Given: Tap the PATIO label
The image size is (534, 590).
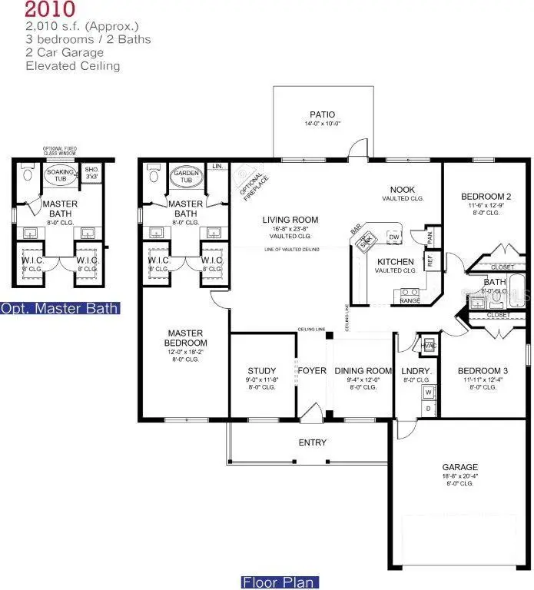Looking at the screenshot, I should point(323,115).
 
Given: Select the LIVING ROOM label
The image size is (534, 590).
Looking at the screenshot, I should point(290,220).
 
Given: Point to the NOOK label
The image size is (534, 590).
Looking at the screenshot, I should point(403,189).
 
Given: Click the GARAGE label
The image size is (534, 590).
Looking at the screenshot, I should point(459,466).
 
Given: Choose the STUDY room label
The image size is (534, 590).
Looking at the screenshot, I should point(261,371).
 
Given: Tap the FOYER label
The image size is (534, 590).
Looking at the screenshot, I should point(312,371).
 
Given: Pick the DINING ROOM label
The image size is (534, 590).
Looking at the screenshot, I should point(363,371).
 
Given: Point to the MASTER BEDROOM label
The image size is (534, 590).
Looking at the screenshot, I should point(184,338).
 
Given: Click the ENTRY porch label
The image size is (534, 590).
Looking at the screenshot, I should point(312,442).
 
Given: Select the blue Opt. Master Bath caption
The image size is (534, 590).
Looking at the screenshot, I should point(60,309).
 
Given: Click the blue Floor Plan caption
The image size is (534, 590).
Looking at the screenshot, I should point(278,582).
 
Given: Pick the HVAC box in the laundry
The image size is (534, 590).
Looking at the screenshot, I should point(430,346).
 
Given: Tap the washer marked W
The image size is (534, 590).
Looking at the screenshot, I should point(428,393).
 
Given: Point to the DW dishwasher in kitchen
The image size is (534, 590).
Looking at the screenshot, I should point(393,237).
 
